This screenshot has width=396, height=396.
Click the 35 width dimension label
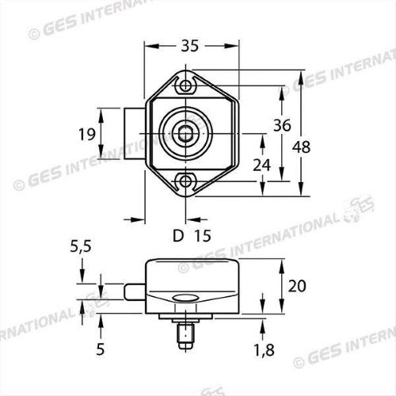(x=189, y=46)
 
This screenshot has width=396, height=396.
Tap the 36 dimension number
(x=281, y=125)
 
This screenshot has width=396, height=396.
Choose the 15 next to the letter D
(x=202, y=235)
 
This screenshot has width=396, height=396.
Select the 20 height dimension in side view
(x=296, y=285)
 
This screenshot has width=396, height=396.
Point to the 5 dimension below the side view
(x=101, y=347)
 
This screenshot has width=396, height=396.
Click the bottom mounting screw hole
(x=186, y=181)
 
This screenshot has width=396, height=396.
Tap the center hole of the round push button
(x=185, y=133)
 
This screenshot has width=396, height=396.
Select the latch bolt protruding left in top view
(x=134, y=133)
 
